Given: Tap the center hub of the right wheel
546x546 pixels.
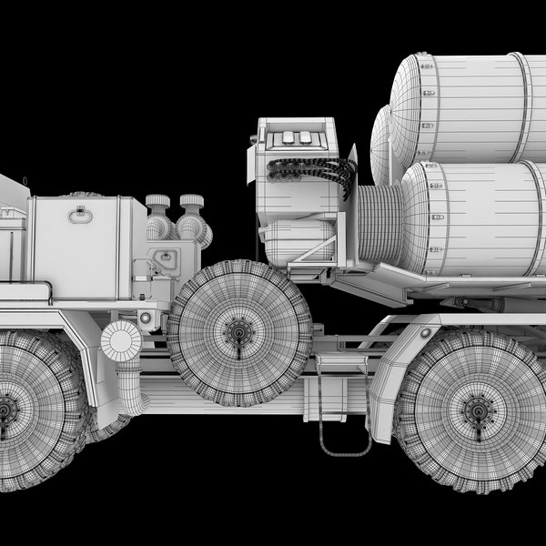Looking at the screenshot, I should point(478,410).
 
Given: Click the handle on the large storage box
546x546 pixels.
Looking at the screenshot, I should point(80,215).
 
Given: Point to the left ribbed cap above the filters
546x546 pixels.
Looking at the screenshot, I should point(158,202).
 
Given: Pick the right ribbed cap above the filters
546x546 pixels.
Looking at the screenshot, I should point(191,201).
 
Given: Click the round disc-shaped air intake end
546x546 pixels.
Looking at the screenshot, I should point(120,342).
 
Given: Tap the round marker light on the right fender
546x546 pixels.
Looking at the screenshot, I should point(425,333).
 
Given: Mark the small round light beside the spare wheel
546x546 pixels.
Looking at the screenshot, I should point(146,318).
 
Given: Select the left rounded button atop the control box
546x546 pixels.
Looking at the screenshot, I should point(288,137).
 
